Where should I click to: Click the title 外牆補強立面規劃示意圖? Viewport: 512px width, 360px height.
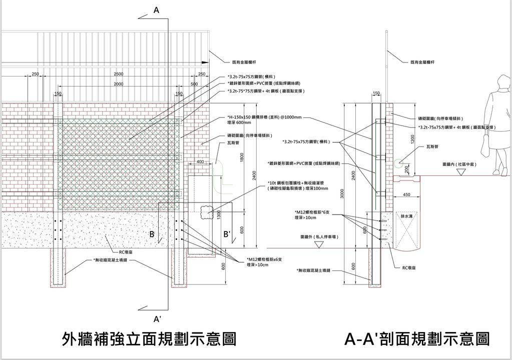click(149, 339)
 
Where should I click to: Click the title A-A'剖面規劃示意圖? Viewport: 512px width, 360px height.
click(417, 339)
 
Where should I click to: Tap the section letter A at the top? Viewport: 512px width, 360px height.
click(156, 9)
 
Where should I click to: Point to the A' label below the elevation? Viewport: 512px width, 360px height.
click(157, 318)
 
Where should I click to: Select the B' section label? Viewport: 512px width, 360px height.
click(227, 234)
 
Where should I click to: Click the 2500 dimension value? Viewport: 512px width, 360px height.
click(118, 74)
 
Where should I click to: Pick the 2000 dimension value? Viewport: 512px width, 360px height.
click(118, 84)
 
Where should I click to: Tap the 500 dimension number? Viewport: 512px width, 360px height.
click(194, 84)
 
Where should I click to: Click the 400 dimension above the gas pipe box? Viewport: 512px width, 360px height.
click(200, 161)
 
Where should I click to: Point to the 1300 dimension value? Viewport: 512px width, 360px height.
click(219, 213)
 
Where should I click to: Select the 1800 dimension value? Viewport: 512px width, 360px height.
click(242, 157)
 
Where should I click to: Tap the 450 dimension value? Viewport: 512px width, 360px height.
click(406, 194)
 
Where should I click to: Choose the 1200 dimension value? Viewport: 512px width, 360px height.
click(413, 139)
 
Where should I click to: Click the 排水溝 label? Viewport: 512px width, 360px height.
click(406, 216)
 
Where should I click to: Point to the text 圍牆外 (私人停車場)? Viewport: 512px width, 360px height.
click(318, 236)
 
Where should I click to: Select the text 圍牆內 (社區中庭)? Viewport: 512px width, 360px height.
click(459, 164)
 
